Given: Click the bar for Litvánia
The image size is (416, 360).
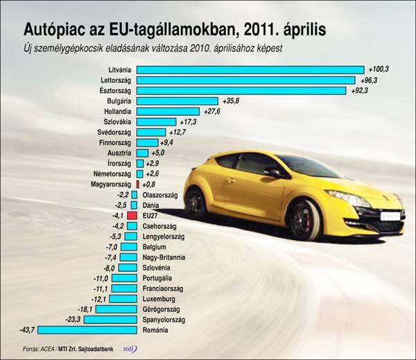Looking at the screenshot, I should click(x=250, y=69).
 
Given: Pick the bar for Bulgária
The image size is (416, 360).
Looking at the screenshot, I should click(x=177, y=101).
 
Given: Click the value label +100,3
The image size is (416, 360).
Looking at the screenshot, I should click(x=379, y=69).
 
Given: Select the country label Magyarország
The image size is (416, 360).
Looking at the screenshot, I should click(x=111, y=184).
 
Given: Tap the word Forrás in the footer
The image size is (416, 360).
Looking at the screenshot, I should click(x=31, y=348).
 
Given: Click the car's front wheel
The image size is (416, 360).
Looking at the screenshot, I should click(x=305, y=219).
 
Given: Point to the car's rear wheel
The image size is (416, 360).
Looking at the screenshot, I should click(x=196, y=203).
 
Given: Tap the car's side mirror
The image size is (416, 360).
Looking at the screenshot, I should click(x=272, y=173).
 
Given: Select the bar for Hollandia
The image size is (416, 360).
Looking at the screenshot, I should click(x=167, y=112).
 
